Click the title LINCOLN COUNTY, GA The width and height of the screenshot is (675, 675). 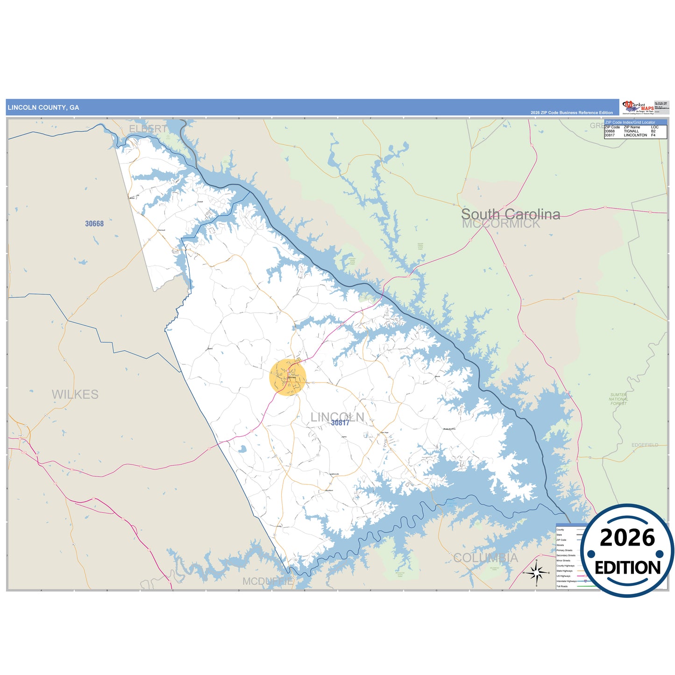tap(43, 107)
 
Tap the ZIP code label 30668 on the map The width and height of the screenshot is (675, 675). tap(94, 224)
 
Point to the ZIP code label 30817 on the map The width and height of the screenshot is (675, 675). tap(340, 423)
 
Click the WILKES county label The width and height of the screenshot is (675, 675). tap(75, 395)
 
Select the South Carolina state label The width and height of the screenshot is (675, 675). tap(511, 214)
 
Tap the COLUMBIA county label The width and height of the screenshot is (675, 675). tap(485, 558)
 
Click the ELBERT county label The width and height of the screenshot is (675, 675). tap(148, 128)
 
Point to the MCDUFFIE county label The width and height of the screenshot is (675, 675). tap(268, 581)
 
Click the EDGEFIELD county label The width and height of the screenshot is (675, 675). tap(645, 445)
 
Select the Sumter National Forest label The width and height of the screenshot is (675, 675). tap(618, 399)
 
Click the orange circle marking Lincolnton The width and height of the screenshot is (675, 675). tap(288, 377)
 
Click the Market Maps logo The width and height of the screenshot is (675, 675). tap(638, 107)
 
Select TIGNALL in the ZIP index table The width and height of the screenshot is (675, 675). tap(631, 131)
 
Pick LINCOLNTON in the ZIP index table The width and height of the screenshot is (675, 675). tap(635, 135)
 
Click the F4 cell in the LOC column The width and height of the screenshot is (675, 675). tap(653, 135)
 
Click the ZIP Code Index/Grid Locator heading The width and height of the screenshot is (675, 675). tap(630, 122)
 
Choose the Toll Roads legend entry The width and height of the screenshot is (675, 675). tap(562, 586)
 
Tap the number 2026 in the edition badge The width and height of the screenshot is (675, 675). tap(627, 538)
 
